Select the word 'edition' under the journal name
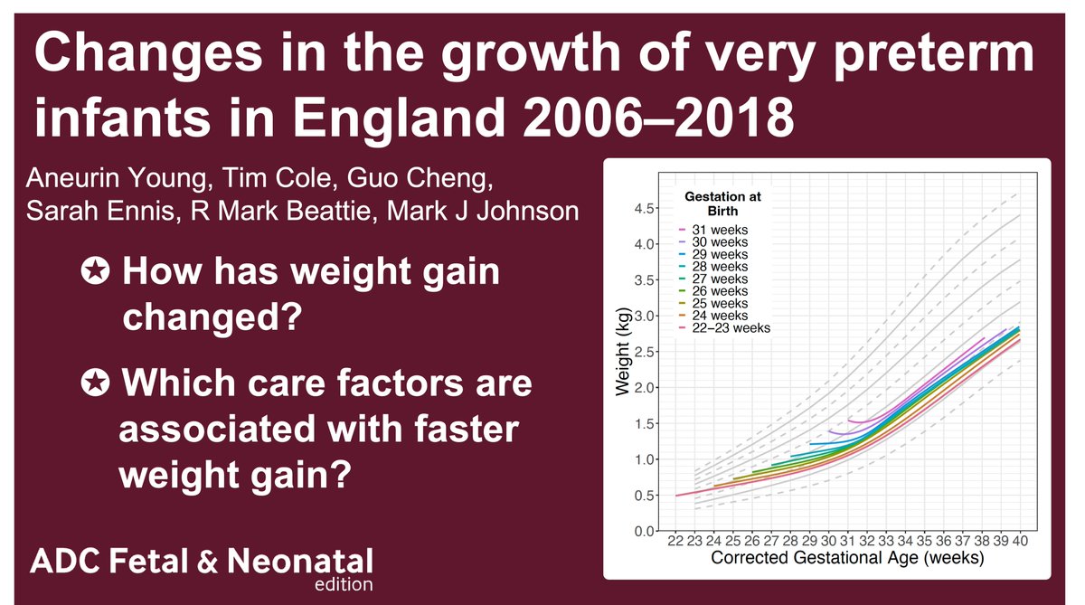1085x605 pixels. tap(344, 584)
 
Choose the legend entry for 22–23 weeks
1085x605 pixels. tap(728, 327)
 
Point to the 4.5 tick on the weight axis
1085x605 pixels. tap(644, 209)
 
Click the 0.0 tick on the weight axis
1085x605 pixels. tap(644, 531)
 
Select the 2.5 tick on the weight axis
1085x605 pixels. tap(644, 352)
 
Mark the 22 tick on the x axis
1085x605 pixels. tap(675, 542)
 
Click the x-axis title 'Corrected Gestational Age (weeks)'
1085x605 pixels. tap(847, 559)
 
